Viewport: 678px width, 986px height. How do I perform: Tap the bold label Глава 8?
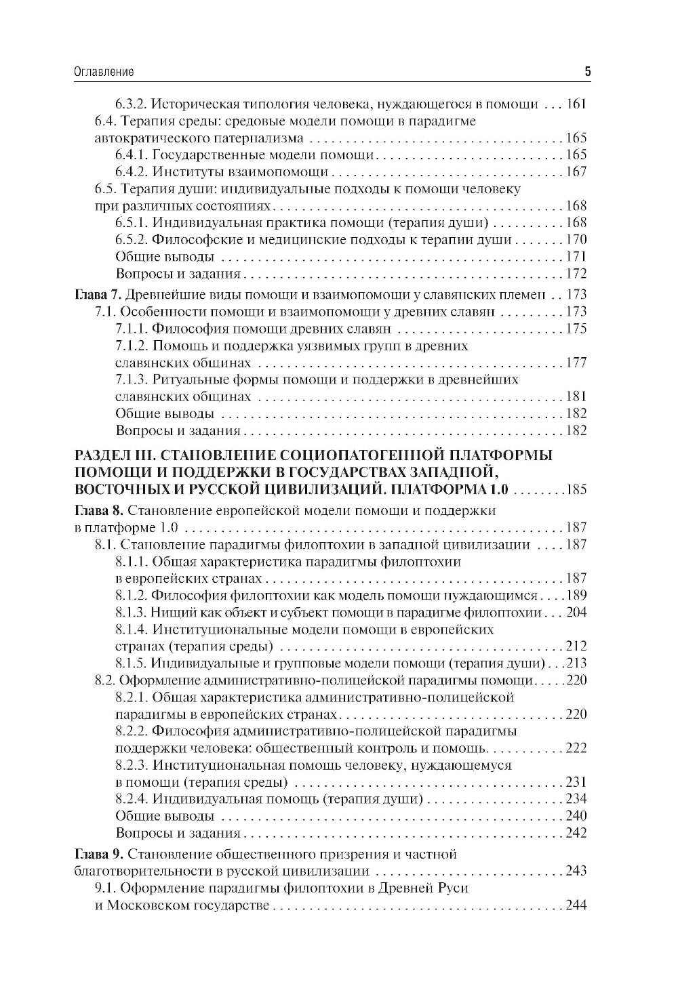point(96,510)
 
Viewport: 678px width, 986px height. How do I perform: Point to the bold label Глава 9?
point(96,854)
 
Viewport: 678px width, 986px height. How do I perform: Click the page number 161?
point(576,104)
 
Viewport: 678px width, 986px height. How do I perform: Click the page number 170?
point(576,239)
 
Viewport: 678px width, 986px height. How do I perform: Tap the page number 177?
point(576,363)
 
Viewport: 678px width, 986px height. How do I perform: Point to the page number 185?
point(576,490)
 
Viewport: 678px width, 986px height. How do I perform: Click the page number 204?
point(576,613)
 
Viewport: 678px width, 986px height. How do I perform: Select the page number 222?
point(576,748)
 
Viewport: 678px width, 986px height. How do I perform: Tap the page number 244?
point(576,905)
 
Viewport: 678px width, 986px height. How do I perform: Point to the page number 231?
point(576,782)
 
